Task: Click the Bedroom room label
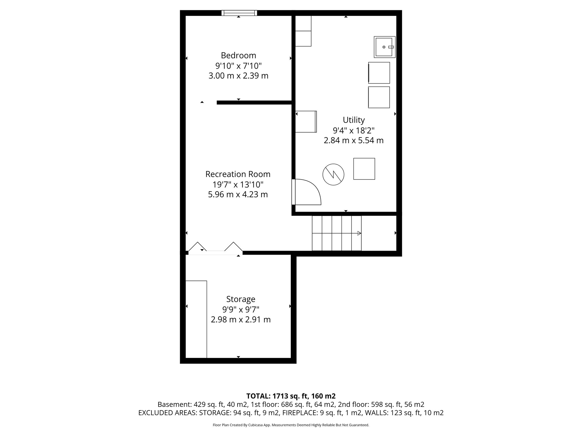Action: coord(238,55)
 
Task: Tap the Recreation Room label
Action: coord(238,174)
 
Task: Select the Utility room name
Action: coord(354,120)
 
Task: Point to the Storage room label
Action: coord(241,299)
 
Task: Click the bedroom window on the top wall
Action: coord(239,13)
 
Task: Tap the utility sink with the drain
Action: coord(384,47)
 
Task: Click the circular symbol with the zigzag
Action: coord(333,175)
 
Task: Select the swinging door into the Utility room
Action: coord(305,192)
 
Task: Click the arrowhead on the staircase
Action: coord(359,233)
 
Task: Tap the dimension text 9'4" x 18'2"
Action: coord(354,131)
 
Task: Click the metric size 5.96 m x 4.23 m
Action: coord(238,195)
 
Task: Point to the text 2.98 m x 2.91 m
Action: coord(241,319)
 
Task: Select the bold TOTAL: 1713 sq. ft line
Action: coord(291,396)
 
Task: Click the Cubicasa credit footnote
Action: coord(291,425)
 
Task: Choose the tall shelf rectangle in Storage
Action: coord(196,319)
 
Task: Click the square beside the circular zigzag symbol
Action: coord(364,169)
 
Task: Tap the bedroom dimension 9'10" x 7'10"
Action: coord(238,66)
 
